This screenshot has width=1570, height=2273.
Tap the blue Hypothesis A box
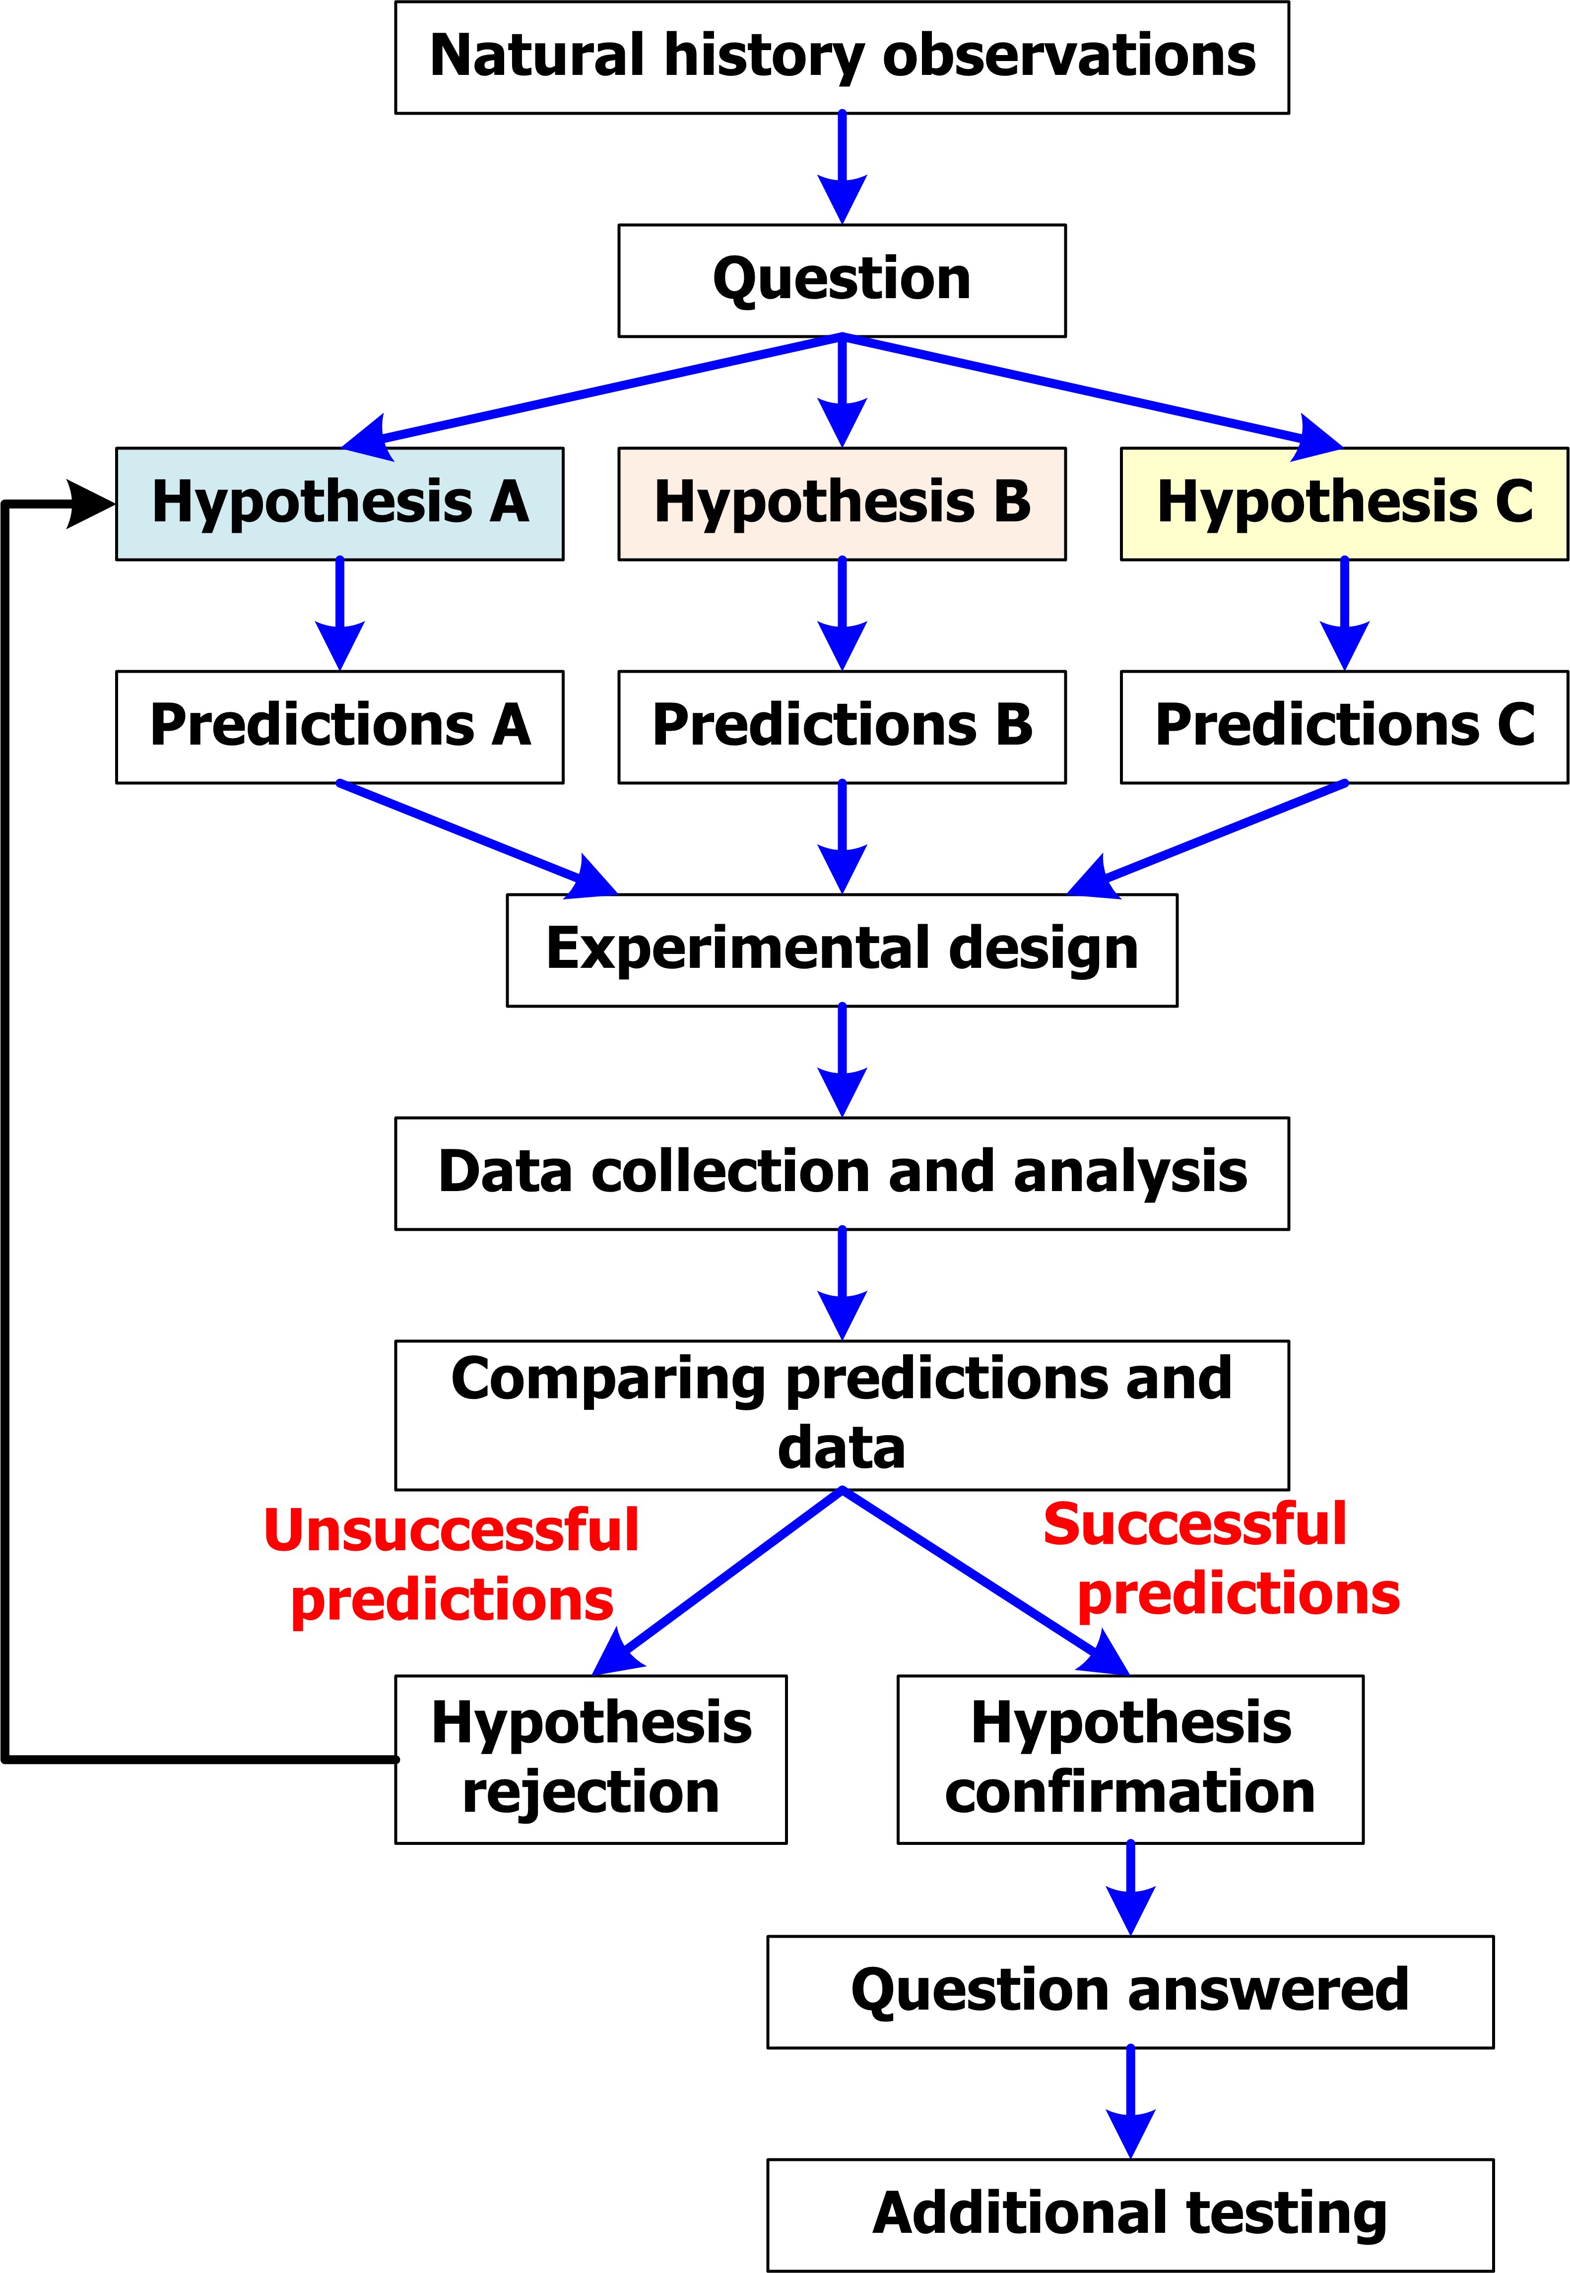click(x=339, y=504)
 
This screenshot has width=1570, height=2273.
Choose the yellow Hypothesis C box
click(x=1344, y=504)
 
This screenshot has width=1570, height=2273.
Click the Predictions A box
click(x=339, y=727)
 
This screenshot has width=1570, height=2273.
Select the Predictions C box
click(x=1344, y=727)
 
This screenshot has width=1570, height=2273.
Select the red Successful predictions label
click(x=1220, y=1559)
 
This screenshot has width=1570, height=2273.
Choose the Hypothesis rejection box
click(x=590, y=1759)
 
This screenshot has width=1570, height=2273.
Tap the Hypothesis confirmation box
click(x=1130, y=1759)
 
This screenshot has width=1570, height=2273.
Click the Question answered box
click(x=1130, y=1992)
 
